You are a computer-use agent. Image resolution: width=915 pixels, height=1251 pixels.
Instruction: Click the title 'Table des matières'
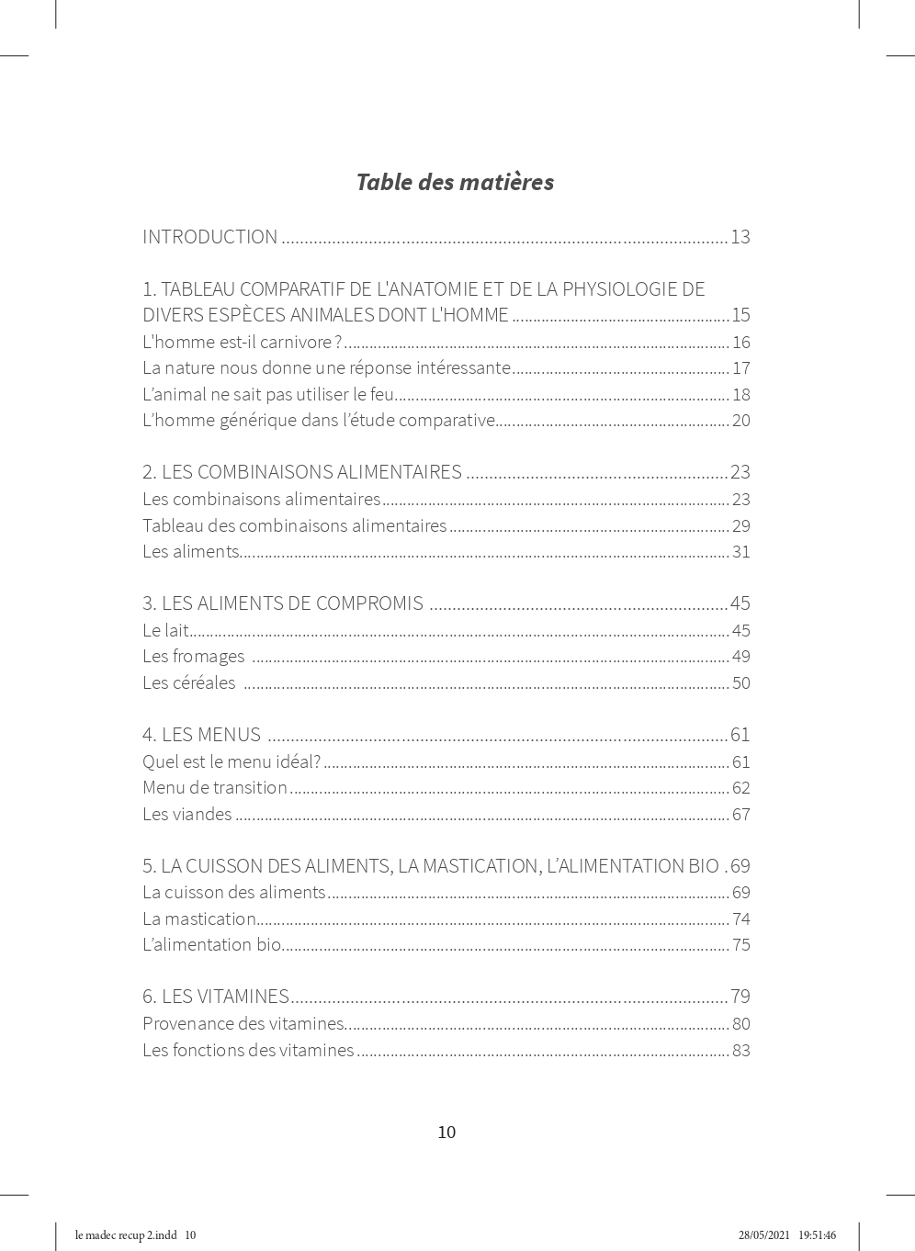455,182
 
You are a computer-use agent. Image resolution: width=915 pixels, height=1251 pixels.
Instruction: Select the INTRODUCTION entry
209,237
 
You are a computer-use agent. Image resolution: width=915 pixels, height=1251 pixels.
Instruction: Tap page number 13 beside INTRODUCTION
740,237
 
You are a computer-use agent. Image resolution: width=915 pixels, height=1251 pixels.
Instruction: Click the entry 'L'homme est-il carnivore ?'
242,343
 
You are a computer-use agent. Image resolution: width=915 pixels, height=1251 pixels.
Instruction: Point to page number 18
741,395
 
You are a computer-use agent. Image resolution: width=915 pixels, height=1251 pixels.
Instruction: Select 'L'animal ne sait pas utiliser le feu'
268,395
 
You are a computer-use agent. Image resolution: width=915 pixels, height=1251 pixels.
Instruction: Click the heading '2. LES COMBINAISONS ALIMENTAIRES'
301,472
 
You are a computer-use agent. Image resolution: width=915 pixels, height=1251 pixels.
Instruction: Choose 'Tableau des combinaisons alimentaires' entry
294,526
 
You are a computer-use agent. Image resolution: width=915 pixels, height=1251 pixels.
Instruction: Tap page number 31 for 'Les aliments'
741,552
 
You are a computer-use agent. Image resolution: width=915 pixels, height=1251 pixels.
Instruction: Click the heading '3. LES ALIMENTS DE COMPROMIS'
283,603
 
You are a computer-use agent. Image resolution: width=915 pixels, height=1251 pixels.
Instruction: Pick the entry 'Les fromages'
193,657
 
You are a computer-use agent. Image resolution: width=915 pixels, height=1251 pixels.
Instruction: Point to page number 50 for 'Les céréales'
741,683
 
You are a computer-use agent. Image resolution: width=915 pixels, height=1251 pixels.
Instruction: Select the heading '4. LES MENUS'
201,735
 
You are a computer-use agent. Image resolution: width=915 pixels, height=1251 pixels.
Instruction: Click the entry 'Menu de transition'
215,788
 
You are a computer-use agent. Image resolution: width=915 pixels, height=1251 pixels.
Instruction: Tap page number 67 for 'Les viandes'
741,815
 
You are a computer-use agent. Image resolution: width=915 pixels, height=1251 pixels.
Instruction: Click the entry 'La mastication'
199,919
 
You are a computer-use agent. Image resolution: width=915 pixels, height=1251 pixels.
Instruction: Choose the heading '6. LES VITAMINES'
216,997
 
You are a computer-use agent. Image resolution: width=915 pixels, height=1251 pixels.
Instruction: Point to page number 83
741,1051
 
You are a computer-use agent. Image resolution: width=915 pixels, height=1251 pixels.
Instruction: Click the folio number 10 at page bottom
446,1133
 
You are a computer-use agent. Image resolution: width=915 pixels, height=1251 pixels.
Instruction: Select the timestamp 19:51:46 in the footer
817,1235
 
